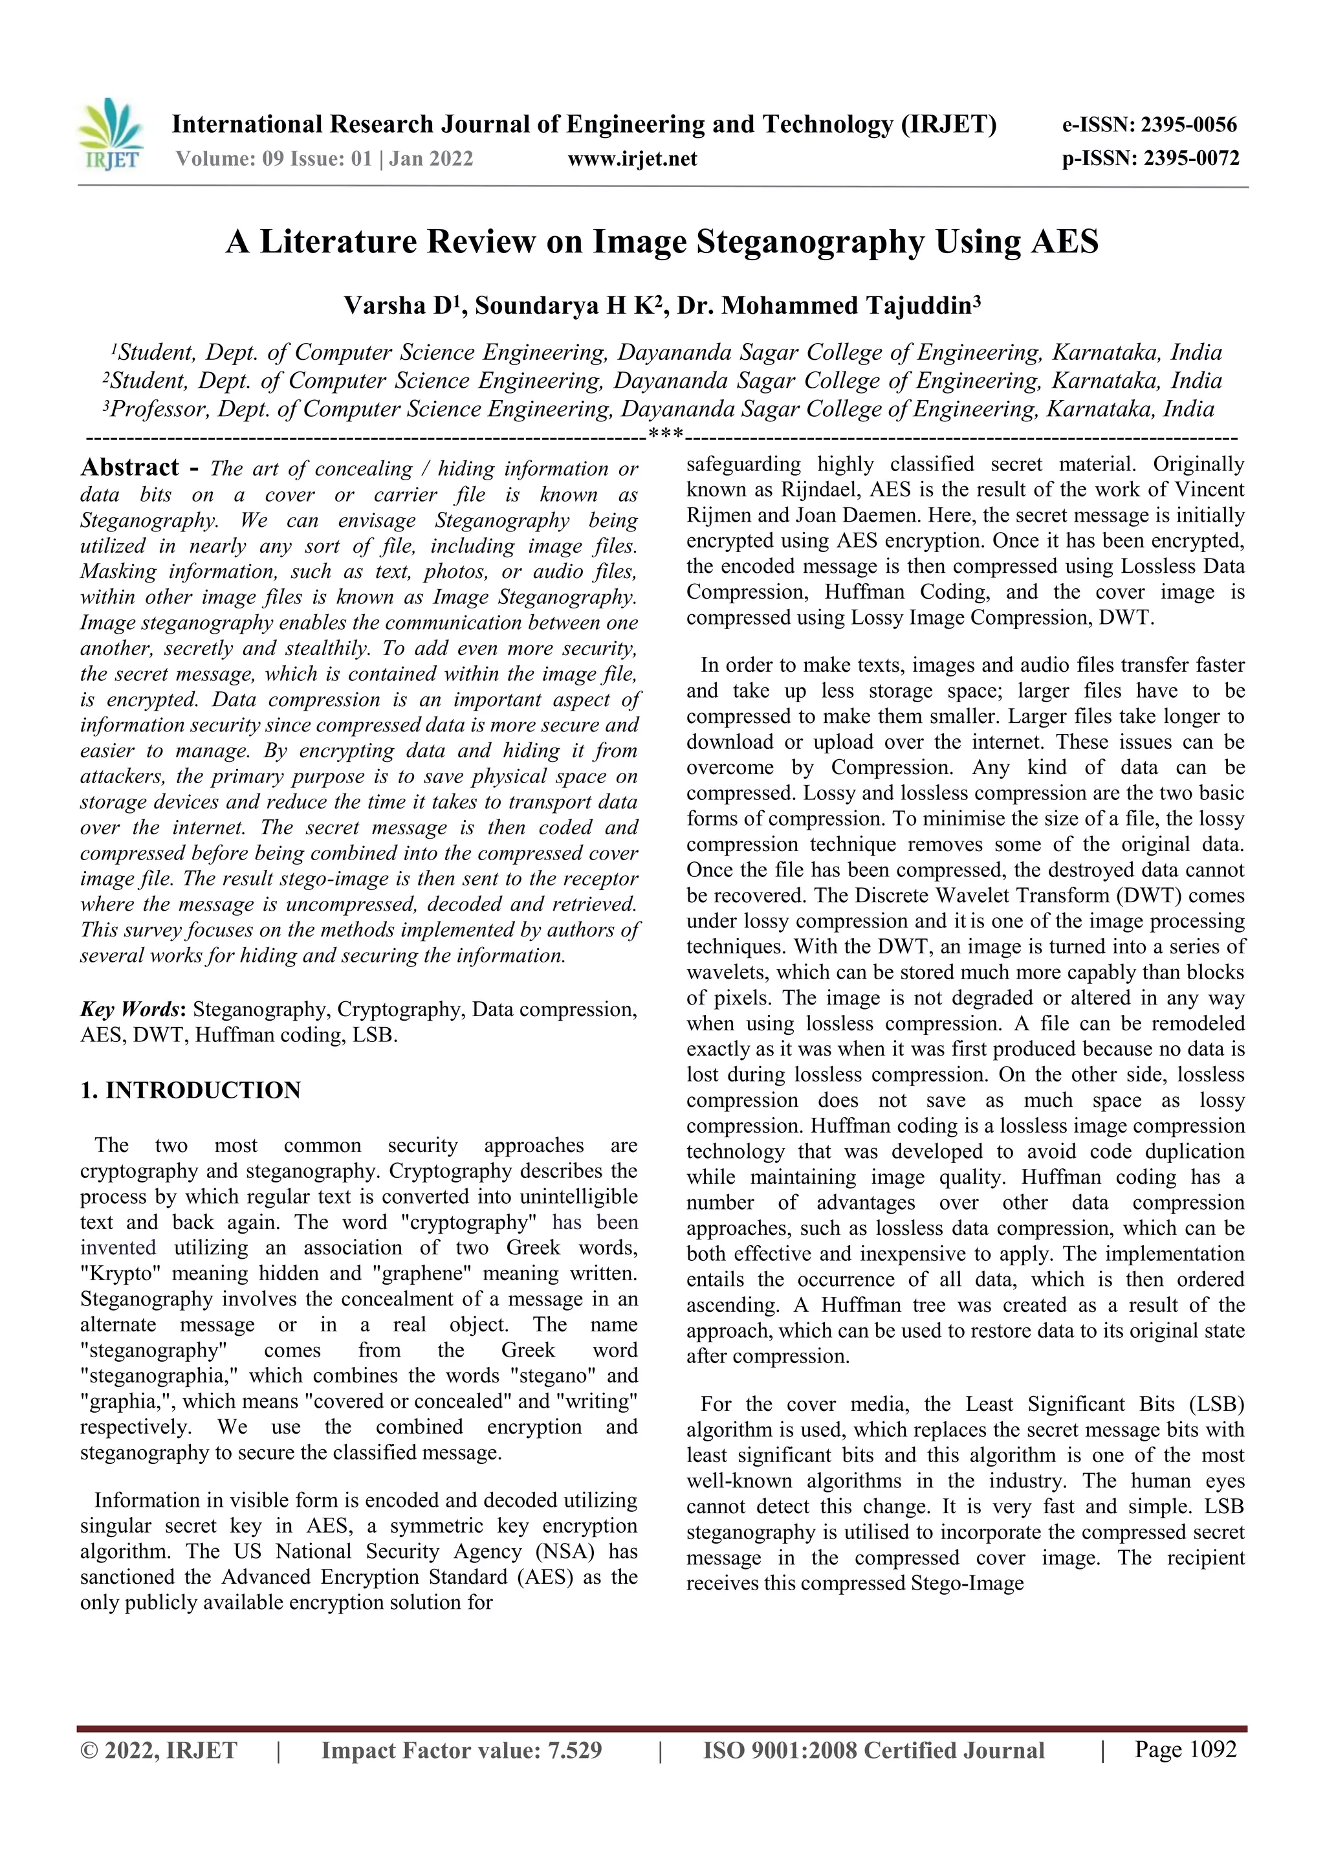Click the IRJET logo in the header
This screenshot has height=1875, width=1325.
pos(111,135)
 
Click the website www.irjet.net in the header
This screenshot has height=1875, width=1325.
pos(632,159)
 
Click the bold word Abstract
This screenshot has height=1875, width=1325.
pos(130,468)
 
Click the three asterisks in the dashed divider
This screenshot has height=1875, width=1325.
pos(665,434)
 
